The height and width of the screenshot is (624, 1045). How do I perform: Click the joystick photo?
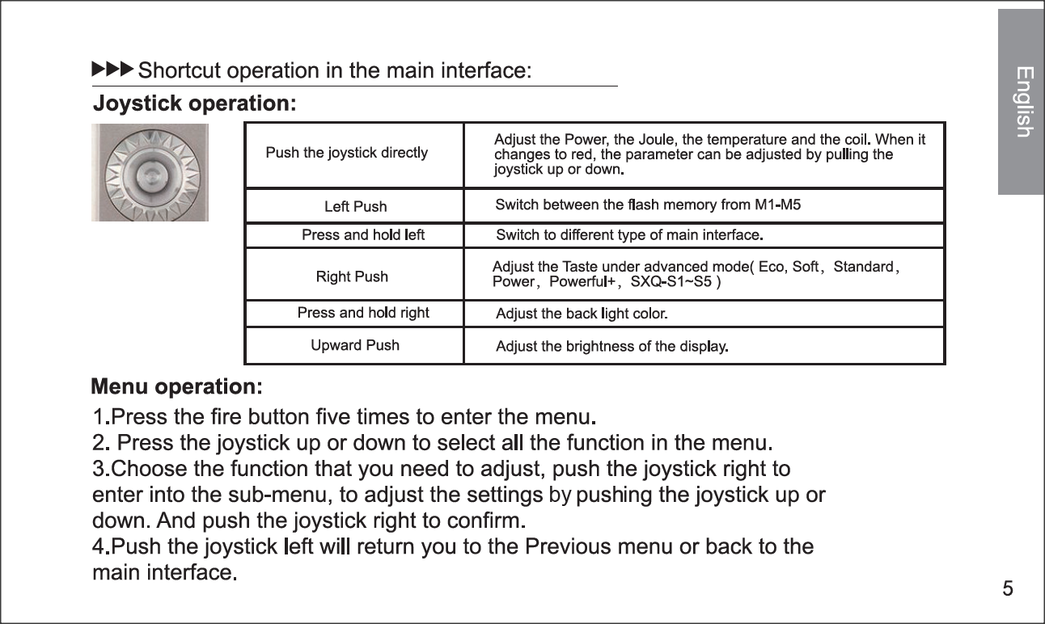150,172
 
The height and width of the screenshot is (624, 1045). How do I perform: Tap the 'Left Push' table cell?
355,207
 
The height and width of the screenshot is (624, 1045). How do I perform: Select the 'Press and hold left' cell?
362,235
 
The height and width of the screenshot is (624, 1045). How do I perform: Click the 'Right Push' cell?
352,276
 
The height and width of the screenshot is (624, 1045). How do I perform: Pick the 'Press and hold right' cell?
363,313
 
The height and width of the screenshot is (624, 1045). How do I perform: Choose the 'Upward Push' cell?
355,345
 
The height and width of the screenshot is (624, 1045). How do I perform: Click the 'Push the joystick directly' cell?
347,153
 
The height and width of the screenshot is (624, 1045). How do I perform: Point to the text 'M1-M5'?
777,204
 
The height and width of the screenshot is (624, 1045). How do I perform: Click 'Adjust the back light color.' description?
581,314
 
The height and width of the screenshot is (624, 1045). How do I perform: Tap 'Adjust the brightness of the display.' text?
612,348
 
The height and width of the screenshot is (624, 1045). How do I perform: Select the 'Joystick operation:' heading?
195,104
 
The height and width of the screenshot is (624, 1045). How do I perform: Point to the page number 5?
1007,588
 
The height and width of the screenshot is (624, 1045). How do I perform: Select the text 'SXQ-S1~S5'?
671,282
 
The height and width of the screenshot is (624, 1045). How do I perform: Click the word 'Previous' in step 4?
569,547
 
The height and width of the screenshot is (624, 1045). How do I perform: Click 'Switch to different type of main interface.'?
629,236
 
